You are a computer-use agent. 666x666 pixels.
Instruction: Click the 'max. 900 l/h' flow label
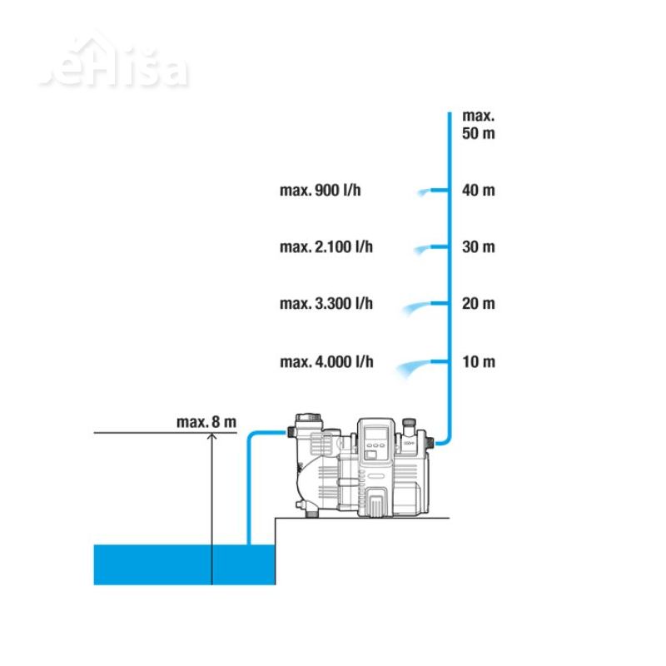(321, 191)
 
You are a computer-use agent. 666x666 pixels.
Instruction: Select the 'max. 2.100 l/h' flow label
(326, 246)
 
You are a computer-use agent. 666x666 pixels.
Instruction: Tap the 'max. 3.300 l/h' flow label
(326, 304)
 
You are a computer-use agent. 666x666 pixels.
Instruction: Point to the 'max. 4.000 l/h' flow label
(326, 362)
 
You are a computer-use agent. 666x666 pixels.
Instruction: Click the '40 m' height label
(478, 191)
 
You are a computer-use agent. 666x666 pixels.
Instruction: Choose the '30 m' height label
(478, 246)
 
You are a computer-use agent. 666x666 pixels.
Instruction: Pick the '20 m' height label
(478, 304)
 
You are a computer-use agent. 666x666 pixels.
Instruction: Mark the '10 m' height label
(479, 362)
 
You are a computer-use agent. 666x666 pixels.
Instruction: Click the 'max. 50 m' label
(478, 124)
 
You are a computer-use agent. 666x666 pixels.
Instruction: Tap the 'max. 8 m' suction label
(206, 422)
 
